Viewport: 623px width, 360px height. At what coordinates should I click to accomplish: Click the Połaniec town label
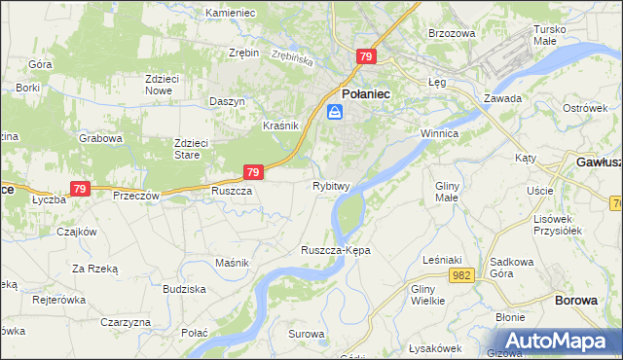[365, 93]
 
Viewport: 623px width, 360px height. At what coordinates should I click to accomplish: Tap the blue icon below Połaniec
[335, 113]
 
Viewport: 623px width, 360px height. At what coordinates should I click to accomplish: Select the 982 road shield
[461, 276]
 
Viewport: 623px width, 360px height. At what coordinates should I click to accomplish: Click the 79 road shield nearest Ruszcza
[253, 172]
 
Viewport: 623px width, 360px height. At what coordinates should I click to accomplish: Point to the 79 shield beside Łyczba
[80, 189]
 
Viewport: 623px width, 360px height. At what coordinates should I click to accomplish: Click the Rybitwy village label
[331, 185]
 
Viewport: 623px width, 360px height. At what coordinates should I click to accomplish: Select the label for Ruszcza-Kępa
[336, 250]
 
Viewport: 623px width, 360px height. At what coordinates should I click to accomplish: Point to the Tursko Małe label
[557, 35]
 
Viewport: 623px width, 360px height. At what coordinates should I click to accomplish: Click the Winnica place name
[438, 132]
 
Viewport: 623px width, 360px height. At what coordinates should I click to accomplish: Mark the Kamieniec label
[230, 13]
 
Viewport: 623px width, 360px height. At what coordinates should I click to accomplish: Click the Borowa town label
[575, 300]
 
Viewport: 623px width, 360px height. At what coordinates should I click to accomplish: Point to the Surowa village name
[306, 334]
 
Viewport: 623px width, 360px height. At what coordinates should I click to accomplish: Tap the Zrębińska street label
[292, 57]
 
